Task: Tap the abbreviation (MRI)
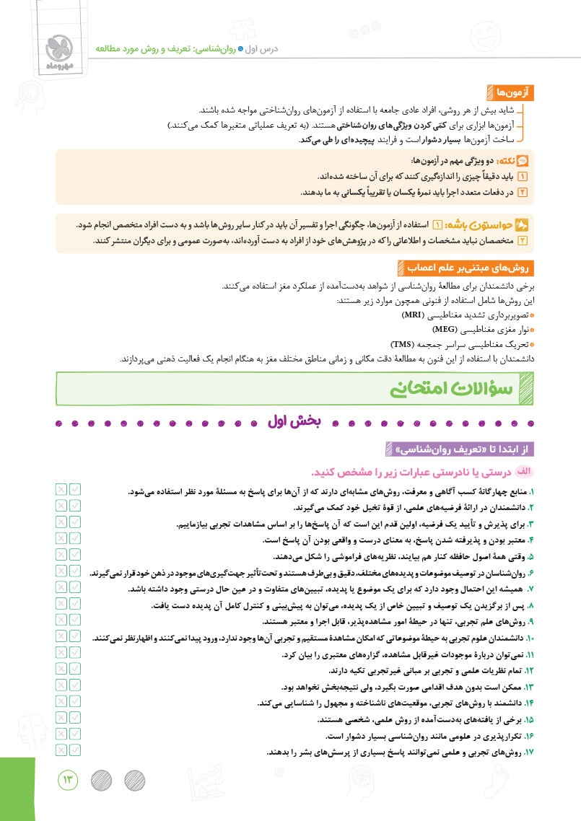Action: tap(413, 316)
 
